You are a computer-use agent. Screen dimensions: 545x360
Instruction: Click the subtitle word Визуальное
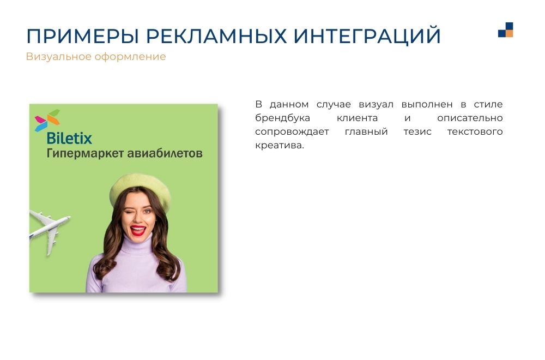point(58,56)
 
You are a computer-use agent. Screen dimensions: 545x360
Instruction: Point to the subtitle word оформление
point(130,57)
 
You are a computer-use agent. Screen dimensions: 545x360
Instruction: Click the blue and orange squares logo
point(505,29)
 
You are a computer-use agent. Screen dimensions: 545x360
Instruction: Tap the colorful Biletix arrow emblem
point(47,121)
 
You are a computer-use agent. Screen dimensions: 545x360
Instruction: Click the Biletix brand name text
point(69,138)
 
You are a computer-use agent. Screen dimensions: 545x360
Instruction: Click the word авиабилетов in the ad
point(163,153)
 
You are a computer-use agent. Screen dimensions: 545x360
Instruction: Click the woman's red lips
point(138,230)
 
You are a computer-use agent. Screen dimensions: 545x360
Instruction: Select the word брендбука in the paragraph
point(282,118)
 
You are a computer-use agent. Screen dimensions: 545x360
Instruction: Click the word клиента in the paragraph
point(358,118)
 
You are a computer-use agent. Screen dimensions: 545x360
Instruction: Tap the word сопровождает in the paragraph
point(292,132)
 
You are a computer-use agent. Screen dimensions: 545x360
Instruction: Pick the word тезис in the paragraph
point(417,132)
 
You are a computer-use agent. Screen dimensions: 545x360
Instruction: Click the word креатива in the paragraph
point(280,146)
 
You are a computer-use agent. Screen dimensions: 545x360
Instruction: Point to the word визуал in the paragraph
point(376,104)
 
